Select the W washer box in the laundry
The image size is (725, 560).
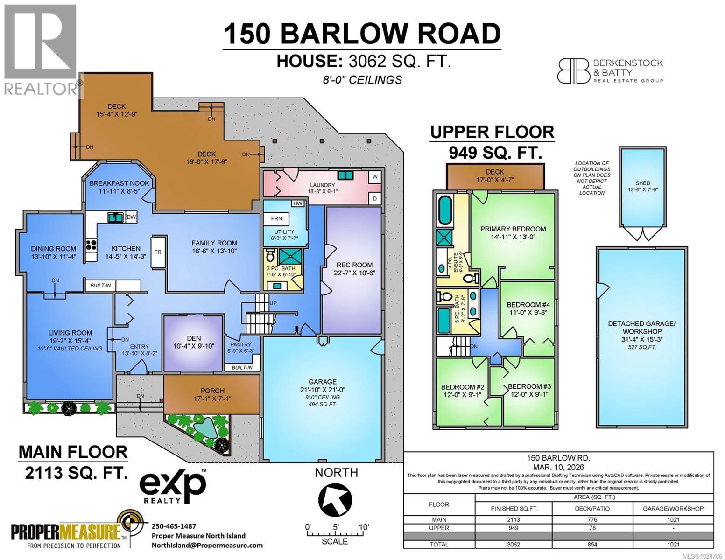(374, 177)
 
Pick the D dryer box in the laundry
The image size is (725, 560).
(374, 198)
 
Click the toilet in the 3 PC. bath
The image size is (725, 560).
(270, 256)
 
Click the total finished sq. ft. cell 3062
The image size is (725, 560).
(513, 544)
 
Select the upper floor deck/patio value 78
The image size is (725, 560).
(592, 528)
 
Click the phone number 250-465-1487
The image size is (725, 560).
(174, 525)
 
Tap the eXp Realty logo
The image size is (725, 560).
(173, 486)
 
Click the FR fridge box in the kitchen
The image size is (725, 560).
(158, 252)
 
